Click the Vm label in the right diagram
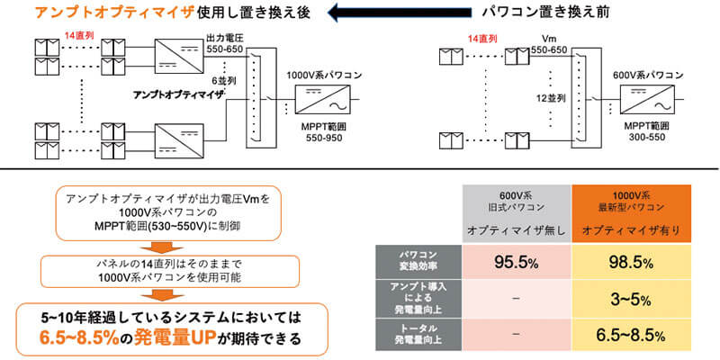click(551, 38)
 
